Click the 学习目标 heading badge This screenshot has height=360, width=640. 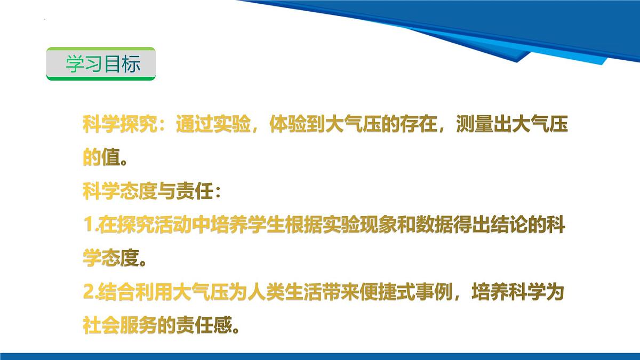coord(101,63)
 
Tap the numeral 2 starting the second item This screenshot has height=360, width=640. coord(89,293)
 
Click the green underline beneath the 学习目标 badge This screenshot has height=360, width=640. coord(101,79)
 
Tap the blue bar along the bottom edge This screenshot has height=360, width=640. coord(320,356)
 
